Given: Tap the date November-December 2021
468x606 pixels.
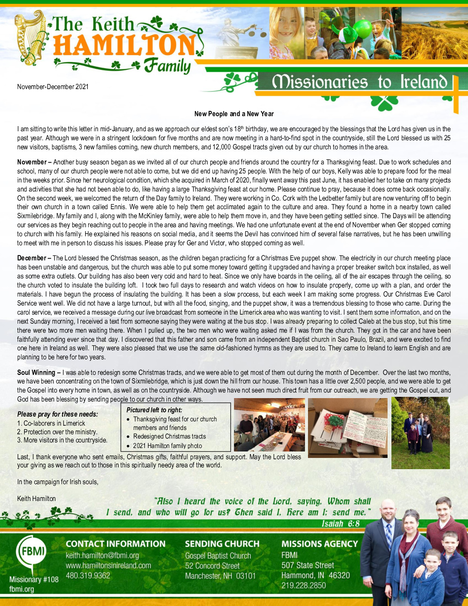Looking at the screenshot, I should coord(53,87).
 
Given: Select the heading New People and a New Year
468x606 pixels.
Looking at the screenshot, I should coord(234,114).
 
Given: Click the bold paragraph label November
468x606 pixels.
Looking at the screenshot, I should coord(32,162).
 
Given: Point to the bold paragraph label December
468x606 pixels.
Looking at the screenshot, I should coord(31,258).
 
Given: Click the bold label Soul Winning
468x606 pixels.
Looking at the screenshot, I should coord(37,372).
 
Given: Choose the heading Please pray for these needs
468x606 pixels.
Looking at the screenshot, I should coord(58,414).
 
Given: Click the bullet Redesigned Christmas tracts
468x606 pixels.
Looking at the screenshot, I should coord(169,436).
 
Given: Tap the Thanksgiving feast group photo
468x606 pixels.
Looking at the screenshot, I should coord(269,424).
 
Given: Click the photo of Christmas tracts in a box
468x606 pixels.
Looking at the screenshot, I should coord(348,427).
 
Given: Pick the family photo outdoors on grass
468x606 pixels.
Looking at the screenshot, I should coord(420,433).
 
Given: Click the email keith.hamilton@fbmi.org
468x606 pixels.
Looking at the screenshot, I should coord(102,556).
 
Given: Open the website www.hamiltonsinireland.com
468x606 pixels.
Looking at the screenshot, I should coord(108,566).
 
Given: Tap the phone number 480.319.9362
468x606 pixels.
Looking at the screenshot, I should coord(88,575).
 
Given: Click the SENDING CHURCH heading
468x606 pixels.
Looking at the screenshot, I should coord(222,544).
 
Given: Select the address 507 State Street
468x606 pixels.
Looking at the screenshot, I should coord(308,566).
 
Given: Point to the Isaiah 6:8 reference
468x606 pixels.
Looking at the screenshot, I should coord(340,524).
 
